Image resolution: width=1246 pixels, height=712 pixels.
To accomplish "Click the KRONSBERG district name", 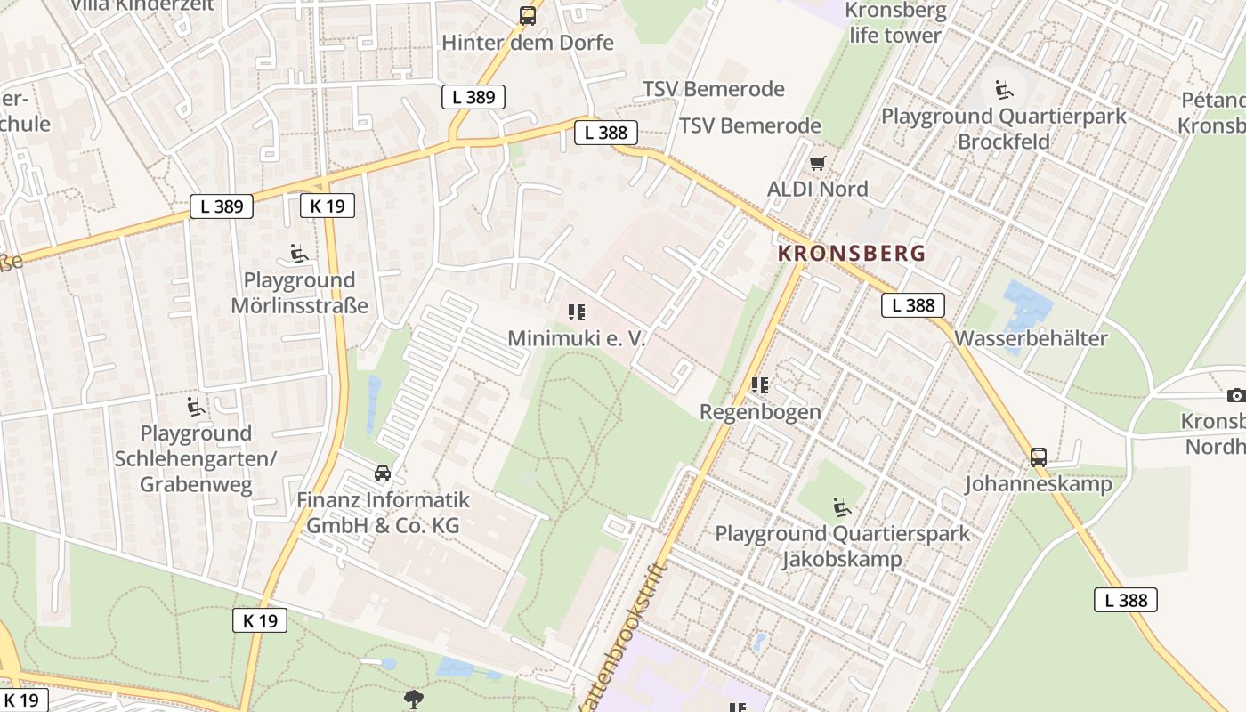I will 852,253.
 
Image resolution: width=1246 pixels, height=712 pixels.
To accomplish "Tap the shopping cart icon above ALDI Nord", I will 817,163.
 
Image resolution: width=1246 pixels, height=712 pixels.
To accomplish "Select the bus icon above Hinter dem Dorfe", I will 528,15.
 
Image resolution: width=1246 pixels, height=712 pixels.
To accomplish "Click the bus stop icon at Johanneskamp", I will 1038,457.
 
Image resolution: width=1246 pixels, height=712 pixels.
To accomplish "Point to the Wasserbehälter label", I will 1031,338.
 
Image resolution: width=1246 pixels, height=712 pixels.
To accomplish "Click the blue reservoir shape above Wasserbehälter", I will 1026,307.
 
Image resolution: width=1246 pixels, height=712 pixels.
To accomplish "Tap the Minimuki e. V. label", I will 576,338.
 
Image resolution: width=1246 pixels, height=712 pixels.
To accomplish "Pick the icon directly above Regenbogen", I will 759,385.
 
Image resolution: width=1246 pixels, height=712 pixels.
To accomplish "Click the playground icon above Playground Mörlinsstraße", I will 299,255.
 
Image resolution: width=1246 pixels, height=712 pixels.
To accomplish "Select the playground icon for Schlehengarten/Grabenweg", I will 196,408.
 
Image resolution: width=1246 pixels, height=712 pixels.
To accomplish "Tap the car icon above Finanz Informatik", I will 383,473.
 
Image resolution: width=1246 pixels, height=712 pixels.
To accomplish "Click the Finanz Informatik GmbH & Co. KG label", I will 383,513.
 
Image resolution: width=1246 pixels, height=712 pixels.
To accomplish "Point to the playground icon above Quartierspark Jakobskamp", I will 841,507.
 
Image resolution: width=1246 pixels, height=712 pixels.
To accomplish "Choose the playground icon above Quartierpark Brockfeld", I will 1003,89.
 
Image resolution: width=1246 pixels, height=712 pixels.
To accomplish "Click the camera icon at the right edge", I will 1235,395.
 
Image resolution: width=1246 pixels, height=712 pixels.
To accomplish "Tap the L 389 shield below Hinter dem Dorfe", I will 473,97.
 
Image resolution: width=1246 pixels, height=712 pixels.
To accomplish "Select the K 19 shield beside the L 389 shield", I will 328,206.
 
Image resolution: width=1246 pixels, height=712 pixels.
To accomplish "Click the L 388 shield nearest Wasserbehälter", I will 913,305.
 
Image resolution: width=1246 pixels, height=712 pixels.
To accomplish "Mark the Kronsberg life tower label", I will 894,23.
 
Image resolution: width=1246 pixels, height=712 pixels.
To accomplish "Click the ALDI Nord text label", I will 817,189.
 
